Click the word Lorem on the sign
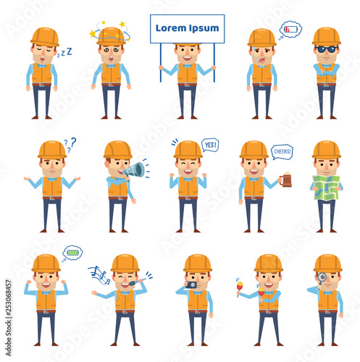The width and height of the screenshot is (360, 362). pyautogui.click(x=170, y=28)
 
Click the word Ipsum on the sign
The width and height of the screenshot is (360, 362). pyautogui.click(x=204, y=29)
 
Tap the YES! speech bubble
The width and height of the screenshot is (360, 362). pyautogui.click(x=210, y=145)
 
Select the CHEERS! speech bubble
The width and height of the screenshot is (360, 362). pyautogui.click(x=282, y=152)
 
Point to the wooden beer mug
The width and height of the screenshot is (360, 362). pyautogui.click(x=286, y=180)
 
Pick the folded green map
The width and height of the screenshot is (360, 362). pyautogui.click(x=326, y=188)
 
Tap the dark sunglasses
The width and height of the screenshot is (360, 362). pyautogui.click(x=326, y=49)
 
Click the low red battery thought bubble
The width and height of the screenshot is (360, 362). pyautogui.click(x=290, y=30)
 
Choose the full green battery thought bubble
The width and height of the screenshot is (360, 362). pyautogui.click(x=72, y=253)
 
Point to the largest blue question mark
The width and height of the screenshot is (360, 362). pyautogui.click(x=73, y=142)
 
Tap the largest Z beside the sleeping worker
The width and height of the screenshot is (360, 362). pyautogui.click(x=70, y=51)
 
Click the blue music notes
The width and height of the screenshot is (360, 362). pyautogui.click(x=100, y=275)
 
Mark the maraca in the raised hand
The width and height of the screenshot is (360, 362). pyautogui.click(x=240, y=287)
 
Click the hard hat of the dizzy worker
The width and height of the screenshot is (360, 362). pyautogui.click(x=111, y=36)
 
